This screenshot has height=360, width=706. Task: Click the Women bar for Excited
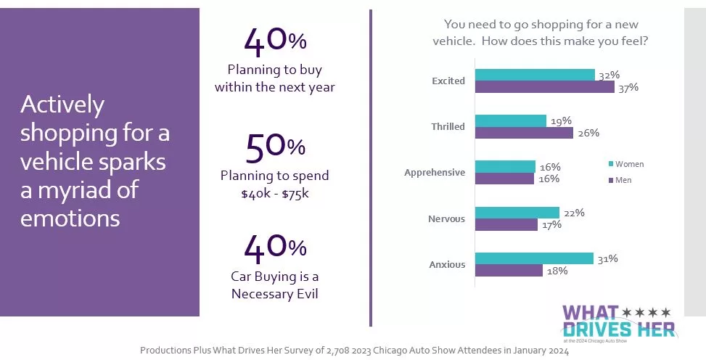point(535,75)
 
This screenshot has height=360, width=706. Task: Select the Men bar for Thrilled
point(524,133)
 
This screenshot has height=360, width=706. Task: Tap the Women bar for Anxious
point(534,258)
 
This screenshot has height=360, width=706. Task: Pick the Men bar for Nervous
point(506,225)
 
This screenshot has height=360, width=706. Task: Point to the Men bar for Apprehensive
point(504,179)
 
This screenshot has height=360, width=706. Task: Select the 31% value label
point(607,258)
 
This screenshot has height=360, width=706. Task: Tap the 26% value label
point(588,133)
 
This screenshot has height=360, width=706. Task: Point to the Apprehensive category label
point(435,173)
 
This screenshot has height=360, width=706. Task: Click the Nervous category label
point(446,218)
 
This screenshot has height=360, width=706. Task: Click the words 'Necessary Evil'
point(275,294)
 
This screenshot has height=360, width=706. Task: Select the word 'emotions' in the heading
point(70,218)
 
